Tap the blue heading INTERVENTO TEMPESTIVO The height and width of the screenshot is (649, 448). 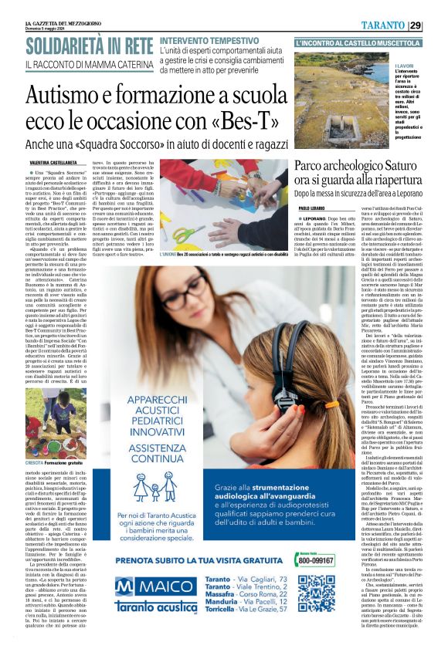click(212, 40)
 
